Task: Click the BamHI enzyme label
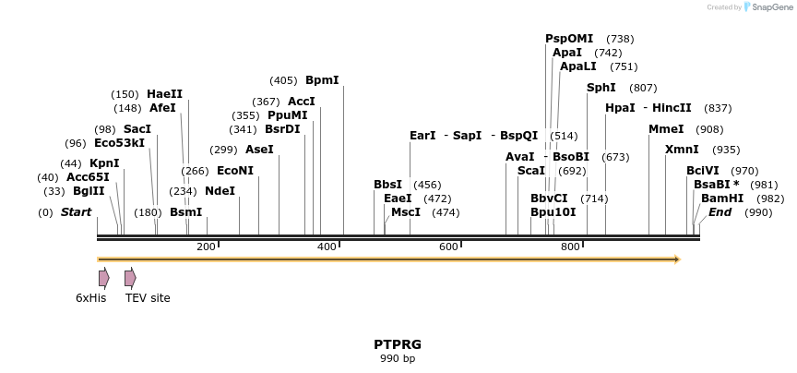click(722, 199)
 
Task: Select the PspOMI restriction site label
click(569, 39)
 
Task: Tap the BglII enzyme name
click(89, 191)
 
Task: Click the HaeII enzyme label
click(165, 94)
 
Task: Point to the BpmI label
click(322, 80)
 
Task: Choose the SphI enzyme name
click(601, 88)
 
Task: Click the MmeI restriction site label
click(666, 129)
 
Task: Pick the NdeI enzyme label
click(220, 191)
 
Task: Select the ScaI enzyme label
click(530, 171)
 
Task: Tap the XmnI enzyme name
click(682, 150)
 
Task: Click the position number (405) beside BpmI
click(283, 80)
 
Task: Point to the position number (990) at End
click(758, 212)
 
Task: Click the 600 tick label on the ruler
click(448, 247)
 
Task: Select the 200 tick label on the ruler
click(206, 247)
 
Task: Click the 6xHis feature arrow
click(104, 278)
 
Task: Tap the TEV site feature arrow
click(130, 278)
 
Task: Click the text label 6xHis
click(91, 298)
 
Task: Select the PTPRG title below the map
click(398, 344)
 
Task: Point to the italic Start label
click(77, 212)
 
